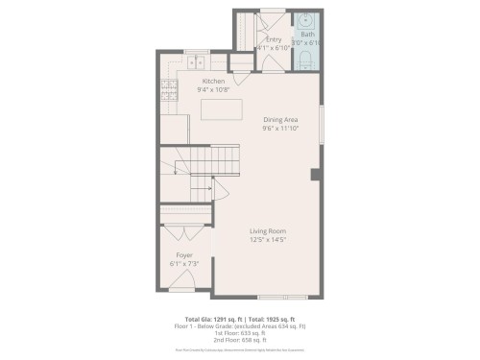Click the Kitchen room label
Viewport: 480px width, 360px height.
[213, 82]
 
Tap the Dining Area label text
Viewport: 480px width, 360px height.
[281, 120]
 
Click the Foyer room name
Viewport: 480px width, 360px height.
[183, 255]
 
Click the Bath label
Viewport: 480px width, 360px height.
[307, 34]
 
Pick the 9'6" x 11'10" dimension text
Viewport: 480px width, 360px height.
[281, 129]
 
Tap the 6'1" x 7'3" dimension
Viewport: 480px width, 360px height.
[183, 264]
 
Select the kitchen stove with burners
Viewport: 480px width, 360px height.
[169, 91]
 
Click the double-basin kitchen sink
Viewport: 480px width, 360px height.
[197, 63]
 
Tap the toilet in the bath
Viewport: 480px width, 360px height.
[306, 61]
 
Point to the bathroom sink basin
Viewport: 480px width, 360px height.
[306, 19]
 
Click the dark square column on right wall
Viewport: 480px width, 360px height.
[316, 174]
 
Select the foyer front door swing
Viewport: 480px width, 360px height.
[182, 280]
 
